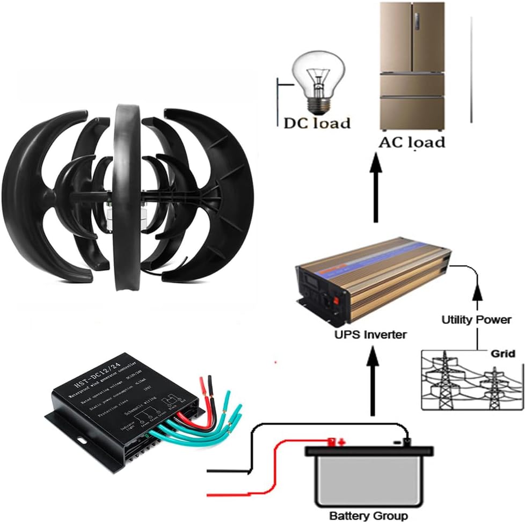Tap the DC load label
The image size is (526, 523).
pyautogui.click(x=317, y=123)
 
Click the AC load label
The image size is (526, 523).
pyautogui.click(x=412, y=142)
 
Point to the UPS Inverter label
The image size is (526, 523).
pyautogui.click(x=370, y=335)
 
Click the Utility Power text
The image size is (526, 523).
pyautogui.click(x=476, y=320)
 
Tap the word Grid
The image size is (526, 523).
pyautogui.click(x=503, y=353)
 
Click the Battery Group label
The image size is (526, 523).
pyautogui.click(x=368, y=515)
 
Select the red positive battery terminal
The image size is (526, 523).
pyautogui.click(x=334, y=441)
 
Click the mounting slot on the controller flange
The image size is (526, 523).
pyautogui.click(x=82, y=440)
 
